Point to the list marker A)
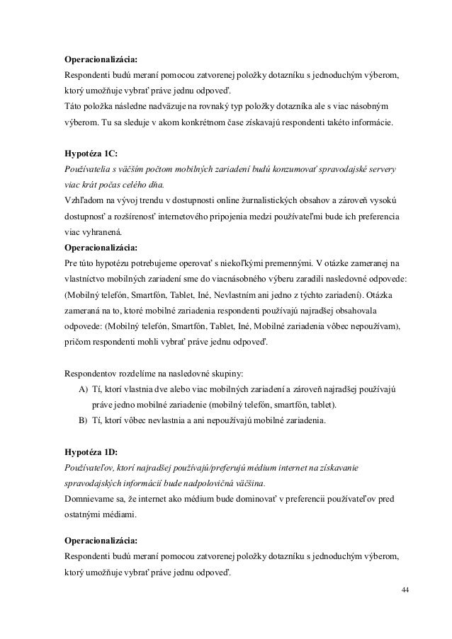74,390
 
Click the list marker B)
74,420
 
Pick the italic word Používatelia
88,170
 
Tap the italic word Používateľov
89,467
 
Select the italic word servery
381,170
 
